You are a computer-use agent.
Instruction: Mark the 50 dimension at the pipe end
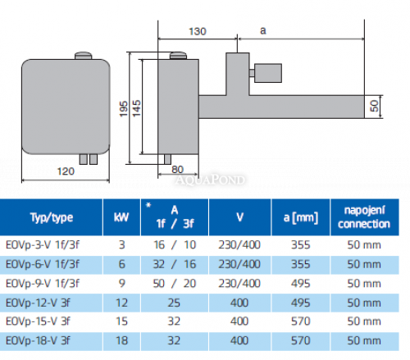tap(374, 107)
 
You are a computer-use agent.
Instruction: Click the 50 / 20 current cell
tap(174, 283)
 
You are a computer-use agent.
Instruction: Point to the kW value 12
tap(122, 302)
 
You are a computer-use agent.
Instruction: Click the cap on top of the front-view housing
tap(83, 56)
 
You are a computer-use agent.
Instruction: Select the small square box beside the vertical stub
tap(266, 74)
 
